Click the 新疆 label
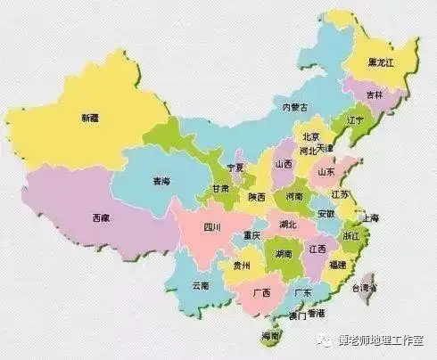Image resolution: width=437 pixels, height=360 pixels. [90, 118]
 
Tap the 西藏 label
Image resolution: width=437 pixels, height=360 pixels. [101, 217]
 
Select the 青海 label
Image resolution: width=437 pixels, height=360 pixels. [161, 182]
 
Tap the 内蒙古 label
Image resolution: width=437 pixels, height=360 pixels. [295, 107]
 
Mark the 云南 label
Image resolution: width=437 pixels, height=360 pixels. [200, 285]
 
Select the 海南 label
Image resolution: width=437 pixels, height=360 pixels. [270, 337]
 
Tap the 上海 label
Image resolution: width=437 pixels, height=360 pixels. [369, 217]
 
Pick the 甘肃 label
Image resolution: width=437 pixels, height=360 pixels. [219, 190]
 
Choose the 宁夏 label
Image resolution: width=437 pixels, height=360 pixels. [236, 168]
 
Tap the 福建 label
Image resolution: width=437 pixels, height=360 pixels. [338, 265]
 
